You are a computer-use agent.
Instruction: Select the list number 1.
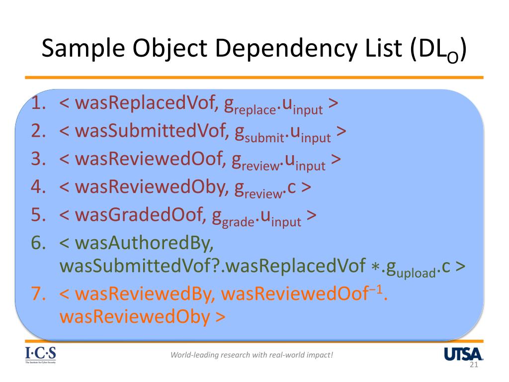tap(39, 104)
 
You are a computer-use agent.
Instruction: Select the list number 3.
tap(39, 159)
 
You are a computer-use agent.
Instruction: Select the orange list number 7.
tap(39, 294)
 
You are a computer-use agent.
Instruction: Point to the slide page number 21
tap(473, 366)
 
